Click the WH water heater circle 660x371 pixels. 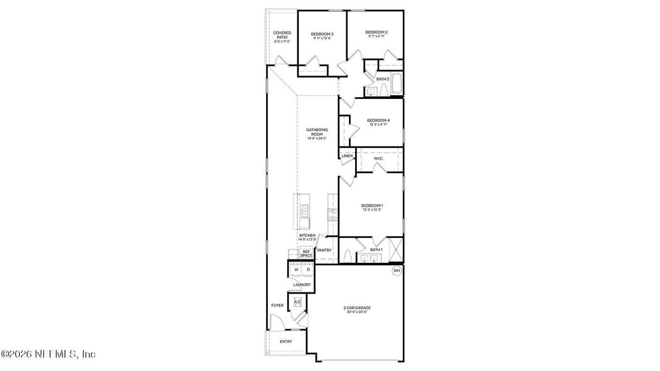coord(396,270)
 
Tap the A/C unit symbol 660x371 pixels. coord(298,302)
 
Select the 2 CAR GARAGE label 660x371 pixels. coord(357,307)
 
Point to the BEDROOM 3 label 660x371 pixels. coord(322,34)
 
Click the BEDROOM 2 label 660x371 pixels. coord(376,32)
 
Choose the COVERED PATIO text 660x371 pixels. coord(282,35)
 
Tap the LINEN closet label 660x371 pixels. coord(347,156)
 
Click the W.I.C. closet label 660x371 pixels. coord(379,158)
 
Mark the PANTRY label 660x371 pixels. coord(324,250)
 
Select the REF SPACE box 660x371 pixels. coord(306,254)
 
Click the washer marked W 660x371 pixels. coord(296,270)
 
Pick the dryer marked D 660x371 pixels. coord(307,270)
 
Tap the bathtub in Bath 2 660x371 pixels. coord(396,85)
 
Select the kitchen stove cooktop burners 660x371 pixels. coord(332,215)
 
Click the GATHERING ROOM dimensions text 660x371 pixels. coord(317,138)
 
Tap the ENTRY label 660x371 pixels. coord(286,341)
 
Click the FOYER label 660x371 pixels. coord(277,305)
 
